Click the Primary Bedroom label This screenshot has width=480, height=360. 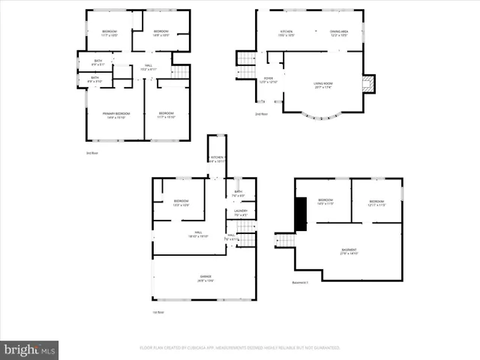[x=114, y=115]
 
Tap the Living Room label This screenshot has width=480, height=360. [x=323, y=85]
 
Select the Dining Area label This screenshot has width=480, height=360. [x=339, y=33]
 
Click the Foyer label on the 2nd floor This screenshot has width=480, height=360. [x=268, y=80]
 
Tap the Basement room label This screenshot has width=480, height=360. [x=349, y=251]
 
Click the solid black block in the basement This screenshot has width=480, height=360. [x=301, y=213]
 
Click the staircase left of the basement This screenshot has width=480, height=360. [x=283, y=241]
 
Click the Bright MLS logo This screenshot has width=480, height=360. [x=30, y=349]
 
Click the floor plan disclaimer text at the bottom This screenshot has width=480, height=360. [x=240, y=348]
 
